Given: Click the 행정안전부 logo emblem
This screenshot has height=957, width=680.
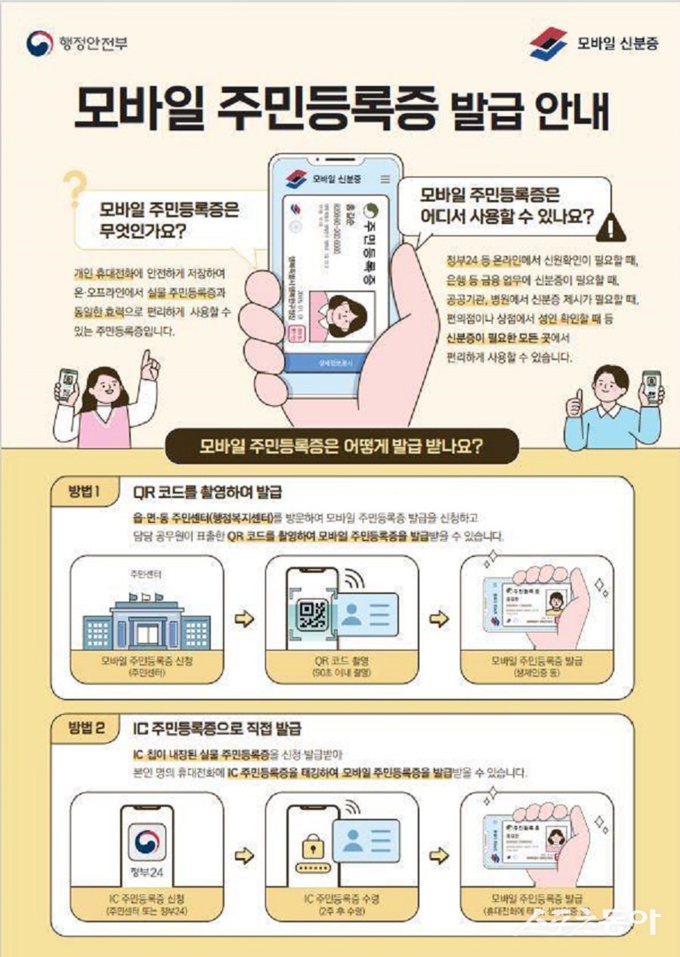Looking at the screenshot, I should (40, 43).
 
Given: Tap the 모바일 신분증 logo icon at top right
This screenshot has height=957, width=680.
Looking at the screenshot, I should (548, 43).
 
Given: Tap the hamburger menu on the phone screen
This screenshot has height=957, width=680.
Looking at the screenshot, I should (385, 179).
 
